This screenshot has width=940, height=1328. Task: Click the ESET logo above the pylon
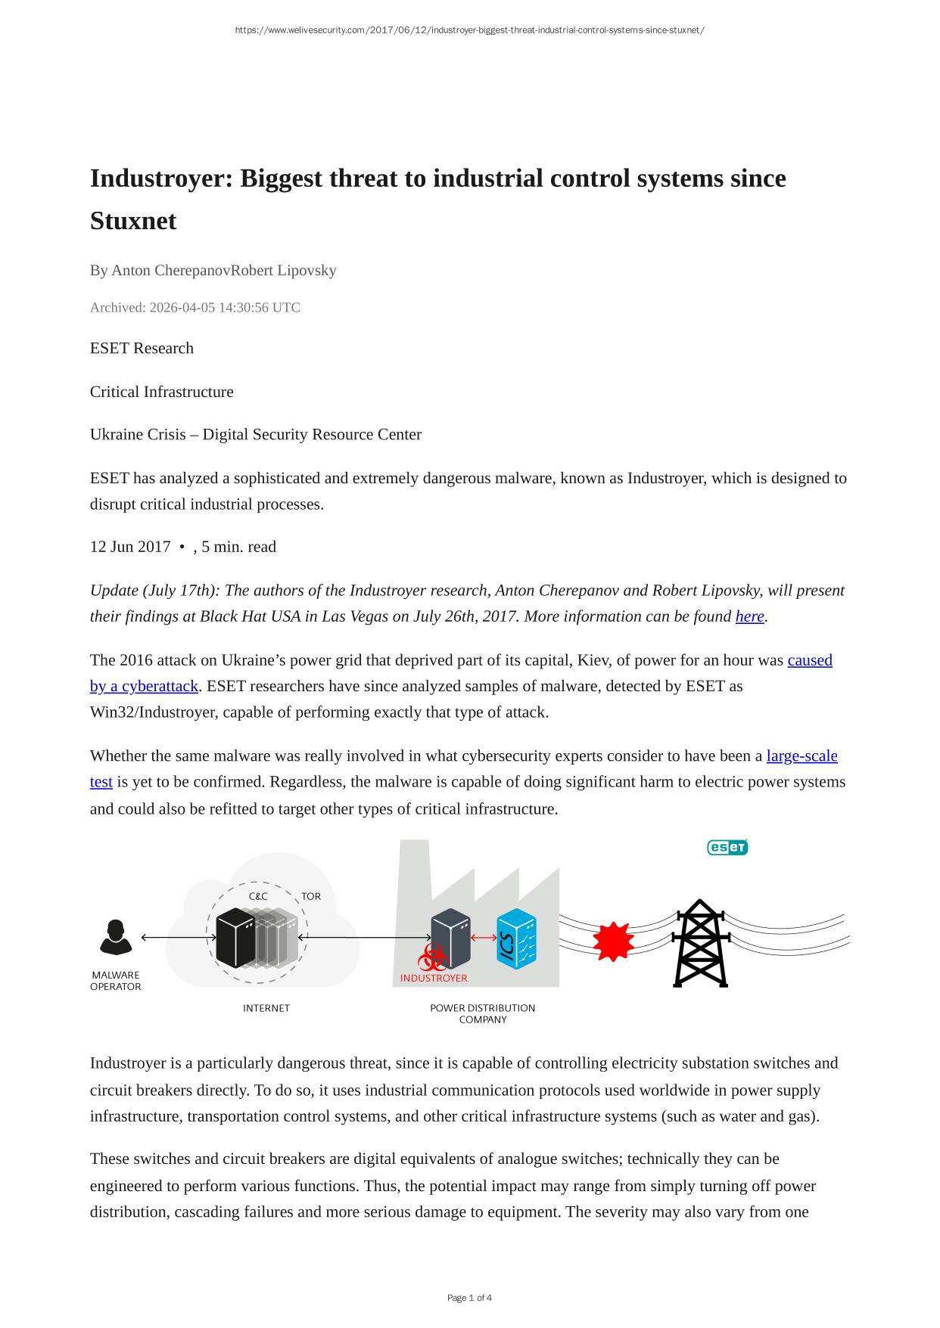pos(727,848)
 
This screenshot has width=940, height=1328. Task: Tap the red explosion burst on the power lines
pos(613,941)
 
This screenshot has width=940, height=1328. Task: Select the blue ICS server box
pos(516,939)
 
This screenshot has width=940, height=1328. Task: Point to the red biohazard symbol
pos(432,957)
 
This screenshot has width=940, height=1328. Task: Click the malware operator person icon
pos(116,937)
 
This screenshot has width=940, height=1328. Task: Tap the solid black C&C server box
pos(235,938)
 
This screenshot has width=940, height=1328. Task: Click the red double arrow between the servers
pos(484,938)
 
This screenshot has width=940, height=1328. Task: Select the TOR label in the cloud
pos(311,896)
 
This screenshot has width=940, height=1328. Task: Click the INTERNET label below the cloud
pos(266,1008)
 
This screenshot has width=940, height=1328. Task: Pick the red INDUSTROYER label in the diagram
pos(434,978)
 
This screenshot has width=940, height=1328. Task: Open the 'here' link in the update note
pos(749,616)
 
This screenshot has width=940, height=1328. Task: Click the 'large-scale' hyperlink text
pos(801,756)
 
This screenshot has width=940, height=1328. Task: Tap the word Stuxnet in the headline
pos(133,221)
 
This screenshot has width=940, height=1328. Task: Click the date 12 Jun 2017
pos(130,547)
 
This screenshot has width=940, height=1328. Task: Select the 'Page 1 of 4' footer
pos(469,1298)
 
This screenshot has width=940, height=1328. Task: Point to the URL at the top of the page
pos(469,30)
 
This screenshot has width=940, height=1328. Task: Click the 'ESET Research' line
pos(142,349)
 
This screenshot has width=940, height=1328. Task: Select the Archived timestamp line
pos(195,308)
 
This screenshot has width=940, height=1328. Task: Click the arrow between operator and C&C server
pos(179,938)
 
